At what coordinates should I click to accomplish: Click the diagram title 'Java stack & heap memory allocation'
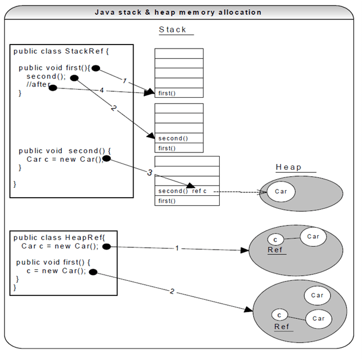coord(177,12)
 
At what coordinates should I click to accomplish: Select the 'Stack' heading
coord(173,29)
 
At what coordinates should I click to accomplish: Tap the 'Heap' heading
coord(288,167)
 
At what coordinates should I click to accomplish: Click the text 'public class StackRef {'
coord(61,51)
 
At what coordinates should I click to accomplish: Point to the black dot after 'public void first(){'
coord(95,68)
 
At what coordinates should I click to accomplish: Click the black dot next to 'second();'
coord(74,77)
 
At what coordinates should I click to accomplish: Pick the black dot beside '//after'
coord(53,87)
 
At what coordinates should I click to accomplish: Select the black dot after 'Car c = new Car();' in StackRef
coord(106,159)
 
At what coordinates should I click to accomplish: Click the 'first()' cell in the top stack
coord(179,92)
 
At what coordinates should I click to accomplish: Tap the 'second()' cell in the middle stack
coord(179,138)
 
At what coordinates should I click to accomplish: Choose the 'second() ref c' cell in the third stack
coord(187,191)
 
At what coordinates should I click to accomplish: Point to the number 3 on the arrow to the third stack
coord(150,172)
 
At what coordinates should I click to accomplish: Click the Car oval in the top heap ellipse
coord(281,191)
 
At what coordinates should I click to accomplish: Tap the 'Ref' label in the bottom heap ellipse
coord(281,326)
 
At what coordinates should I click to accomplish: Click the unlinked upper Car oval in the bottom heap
coord(317,295)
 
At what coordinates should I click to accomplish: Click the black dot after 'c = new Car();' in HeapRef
coord(92,271)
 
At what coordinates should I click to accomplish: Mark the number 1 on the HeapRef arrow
coord(177,248)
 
